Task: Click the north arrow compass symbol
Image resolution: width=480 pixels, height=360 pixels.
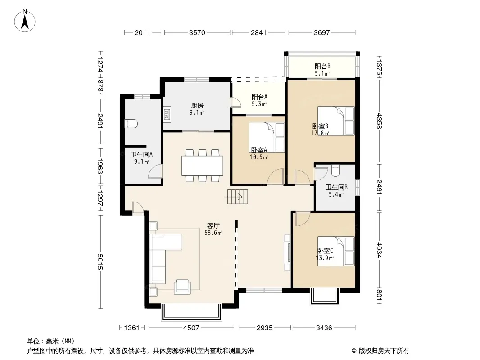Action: click(25, 21)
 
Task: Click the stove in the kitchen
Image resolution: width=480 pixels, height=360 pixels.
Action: click(167, 114)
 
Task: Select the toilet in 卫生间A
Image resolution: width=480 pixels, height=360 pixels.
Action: click(131, 124)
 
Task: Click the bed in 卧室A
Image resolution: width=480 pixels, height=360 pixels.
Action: click(267, 137)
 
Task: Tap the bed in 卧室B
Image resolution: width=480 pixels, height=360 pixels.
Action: click(336, 121)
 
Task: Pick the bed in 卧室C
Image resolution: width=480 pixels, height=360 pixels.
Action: click(336, 251)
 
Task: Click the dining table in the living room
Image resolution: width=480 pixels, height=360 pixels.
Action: click(202, 166)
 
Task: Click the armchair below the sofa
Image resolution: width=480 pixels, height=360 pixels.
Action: click(182, 287)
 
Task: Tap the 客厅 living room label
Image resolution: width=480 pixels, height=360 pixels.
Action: click(213, 226)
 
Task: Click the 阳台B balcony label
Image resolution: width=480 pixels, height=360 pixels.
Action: click(322, 66)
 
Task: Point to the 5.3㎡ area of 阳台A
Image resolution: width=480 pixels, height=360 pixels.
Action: click(259, 104)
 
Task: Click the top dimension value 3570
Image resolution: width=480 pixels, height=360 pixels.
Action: click(197, 32)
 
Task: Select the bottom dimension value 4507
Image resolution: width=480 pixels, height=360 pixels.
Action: click(191, 328)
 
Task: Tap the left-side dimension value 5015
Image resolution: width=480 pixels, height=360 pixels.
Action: click(100, 262)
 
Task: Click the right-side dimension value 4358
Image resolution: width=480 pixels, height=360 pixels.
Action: click(379, 121)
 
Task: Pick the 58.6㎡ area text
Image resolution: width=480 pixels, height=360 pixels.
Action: click(213, 233)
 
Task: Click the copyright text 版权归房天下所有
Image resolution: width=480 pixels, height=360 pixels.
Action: click(383, 351)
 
